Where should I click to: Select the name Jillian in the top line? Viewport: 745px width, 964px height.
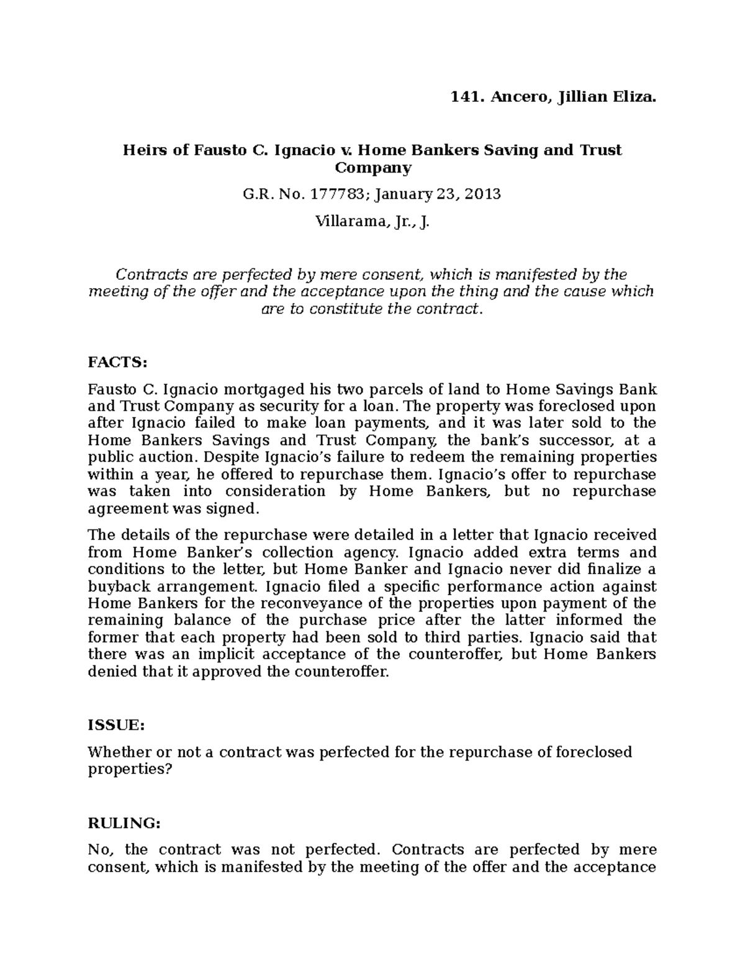point(581,96)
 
